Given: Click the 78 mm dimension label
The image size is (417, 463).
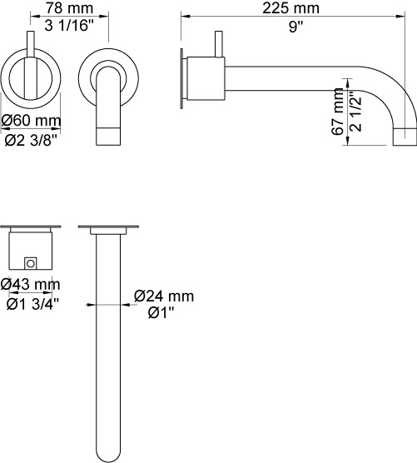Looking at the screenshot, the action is pos(69,8).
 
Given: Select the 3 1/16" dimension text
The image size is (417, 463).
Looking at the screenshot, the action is pos(69,26).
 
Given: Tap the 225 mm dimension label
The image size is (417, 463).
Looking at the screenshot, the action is pos(290,8).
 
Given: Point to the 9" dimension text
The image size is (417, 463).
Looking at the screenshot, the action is pos(295,27).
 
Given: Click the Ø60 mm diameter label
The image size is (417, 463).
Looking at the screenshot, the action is pos(32,121).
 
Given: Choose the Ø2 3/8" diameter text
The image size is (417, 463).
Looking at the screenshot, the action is pos(31,140).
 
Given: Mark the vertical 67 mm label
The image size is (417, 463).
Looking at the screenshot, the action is pos(338,112).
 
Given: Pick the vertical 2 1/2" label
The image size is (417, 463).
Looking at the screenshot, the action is pos(355,111).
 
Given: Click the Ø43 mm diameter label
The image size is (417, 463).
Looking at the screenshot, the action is pos(30,284).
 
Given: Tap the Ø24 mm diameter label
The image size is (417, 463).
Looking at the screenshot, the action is pos(164,296).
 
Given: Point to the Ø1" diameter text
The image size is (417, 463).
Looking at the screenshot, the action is pos(161,313).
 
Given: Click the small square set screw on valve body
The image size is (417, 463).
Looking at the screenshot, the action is pos(30,263).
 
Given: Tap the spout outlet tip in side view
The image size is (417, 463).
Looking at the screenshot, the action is pos(405,137).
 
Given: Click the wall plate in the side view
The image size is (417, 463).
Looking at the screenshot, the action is pos(181,78).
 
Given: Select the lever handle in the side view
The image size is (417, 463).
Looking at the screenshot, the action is pos(219,43).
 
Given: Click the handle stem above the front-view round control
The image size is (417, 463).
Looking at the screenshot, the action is pos(31,44).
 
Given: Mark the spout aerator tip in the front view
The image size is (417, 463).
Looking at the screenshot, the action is pos(108,137).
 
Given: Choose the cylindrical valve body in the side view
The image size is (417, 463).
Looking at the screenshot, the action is pos(206,78).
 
